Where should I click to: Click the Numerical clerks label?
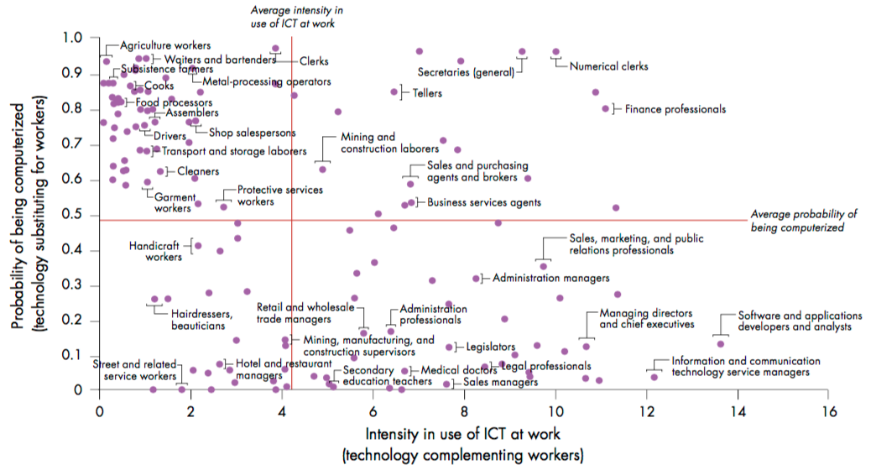(x=608, y=66)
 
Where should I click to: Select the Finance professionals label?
(x=675, y=109)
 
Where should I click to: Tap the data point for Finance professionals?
(x=606, y=108)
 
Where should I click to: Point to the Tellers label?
(x=427, y=93)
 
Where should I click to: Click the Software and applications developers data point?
(x=720, y=344)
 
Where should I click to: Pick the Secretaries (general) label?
(x=466, y=73)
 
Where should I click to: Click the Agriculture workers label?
(x=164, y=45)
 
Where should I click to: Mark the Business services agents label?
(x=484, y=202)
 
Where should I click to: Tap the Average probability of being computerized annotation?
(x=803, y=220)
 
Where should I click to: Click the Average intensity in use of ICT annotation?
(x=293, y=17)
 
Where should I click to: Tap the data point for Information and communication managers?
(x=654, y=377)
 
